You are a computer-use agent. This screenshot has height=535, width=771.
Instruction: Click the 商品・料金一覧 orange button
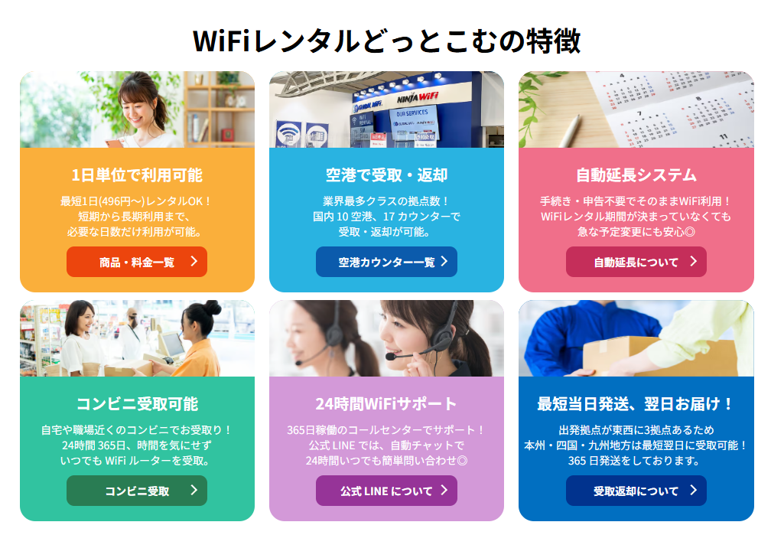click(137, 262)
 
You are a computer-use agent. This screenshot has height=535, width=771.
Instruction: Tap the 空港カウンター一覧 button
click(386, 262)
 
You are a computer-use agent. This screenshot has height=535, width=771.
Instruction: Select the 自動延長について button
click(636, 262)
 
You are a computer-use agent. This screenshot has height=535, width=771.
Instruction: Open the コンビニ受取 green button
click(137, 491)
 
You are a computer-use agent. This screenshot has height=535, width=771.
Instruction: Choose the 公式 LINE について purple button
click(386, 491)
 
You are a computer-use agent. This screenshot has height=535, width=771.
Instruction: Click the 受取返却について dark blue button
click(636, 491)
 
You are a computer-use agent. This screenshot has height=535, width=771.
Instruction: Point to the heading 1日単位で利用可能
click(137, 175)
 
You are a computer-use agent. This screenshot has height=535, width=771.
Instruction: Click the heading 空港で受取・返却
click(386, 175)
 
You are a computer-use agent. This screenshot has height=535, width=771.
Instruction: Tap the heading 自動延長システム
click(636, 175)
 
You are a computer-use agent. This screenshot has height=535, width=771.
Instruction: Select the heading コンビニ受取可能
click(137, 403)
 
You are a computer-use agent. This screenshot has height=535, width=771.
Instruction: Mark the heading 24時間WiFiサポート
click(386, 403)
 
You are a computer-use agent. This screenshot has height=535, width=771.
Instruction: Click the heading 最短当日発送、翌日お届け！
click(636, 403)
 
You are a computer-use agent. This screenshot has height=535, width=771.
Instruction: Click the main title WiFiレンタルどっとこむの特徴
click(386, 41)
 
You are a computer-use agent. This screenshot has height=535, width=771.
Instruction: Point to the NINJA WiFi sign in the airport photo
click(416, 98)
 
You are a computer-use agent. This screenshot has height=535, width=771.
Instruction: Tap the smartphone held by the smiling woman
click(113, 142)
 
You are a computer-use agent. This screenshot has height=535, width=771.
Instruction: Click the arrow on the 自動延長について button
click(693, 261)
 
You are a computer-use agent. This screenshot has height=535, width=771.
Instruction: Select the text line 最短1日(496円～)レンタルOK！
click(137, 201)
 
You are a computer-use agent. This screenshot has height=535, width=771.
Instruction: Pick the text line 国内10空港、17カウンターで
click(386, 217)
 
